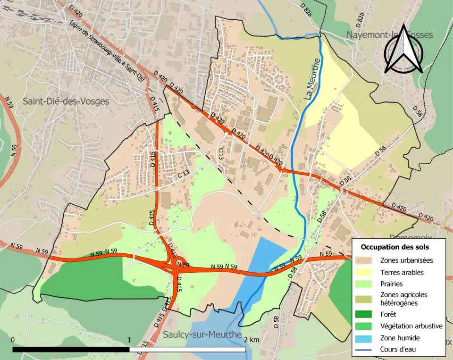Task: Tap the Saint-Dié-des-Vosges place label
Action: click(66, 101)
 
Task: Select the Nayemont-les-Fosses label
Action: click(390, 35)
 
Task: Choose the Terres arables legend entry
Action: click(402, 272)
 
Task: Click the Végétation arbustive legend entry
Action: click(411, 326)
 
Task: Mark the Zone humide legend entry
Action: click(400, 338)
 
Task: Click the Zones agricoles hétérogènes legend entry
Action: click(399, 299)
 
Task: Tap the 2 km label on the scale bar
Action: click(252, 340)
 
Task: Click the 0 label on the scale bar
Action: click(12, 340)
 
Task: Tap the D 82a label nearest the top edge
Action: click(306, 9)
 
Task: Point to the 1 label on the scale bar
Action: click(129, 340)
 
